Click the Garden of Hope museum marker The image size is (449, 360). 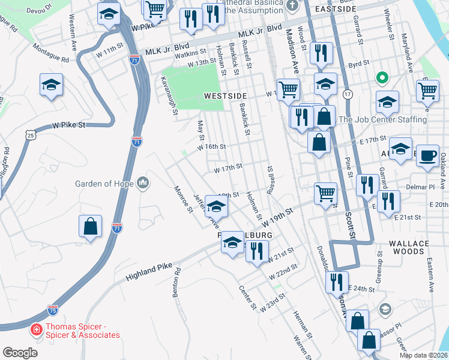(x=142, y=182)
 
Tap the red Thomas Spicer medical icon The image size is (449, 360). (x=36, y=330)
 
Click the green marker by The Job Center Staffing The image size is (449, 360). (x=381, y=78)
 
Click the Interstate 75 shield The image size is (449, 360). (x=53, y=310)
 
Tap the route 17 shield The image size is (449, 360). (x=347, y=94)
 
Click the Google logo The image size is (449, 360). (x=20, y=353)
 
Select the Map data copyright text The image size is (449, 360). (x=423, y=355)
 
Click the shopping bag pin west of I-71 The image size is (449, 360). (x=90, y=227)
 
